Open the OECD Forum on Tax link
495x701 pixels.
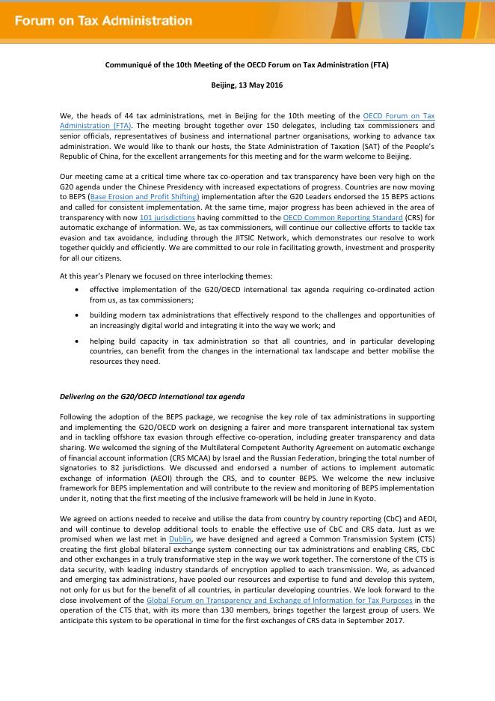tap(399, 115)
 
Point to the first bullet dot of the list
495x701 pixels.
tap(79, 288)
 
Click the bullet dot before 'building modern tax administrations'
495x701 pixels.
tap(79, 316)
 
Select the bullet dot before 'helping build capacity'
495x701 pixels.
tap(79, 341)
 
